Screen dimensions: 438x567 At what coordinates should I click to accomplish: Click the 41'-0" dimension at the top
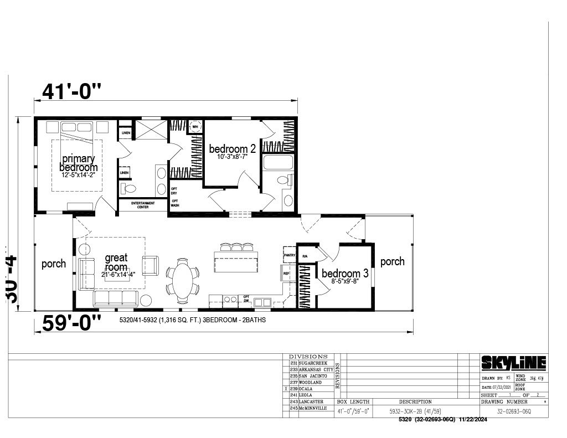72,90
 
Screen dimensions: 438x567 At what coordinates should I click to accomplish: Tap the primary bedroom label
78,163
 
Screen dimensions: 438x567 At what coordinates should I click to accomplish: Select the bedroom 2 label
232,149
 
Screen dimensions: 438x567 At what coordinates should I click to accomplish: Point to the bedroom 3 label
345,274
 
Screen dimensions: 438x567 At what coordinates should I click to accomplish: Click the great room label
116,262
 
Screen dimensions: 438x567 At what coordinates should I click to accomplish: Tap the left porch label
54,264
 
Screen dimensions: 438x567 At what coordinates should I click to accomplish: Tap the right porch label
392,261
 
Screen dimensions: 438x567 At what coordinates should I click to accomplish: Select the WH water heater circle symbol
195,126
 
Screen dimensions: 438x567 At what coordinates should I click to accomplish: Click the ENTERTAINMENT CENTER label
143,205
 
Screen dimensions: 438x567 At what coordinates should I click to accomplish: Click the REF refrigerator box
286,273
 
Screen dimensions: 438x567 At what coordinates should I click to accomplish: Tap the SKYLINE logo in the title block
513,363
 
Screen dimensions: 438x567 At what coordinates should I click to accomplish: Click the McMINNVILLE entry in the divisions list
313,408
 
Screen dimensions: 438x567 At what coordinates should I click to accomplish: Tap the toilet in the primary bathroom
130,189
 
